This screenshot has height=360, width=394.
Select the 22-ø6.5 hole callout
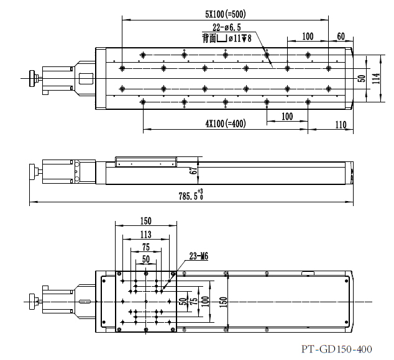pyautogui.click(x=227, y=28)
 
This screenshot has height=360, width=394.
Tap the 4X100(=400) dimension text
pyautogui.click(x=226, y=124)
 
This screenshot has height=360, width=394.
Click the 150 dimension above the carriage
pyautogui.click(x=145, y=221)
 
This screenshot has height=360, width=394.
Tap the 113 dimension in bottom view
pyautogui.click(x=145, y=234)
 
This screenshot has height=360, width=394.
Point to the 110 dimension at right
pyautogui.click(x=341, y=125)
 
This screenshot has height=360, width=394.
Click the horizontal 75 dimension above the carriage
pyautogui.click(x=145, y=246)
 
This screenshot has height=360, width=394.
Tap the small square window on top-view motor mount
pyautogui.click(x=85, y=78)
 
